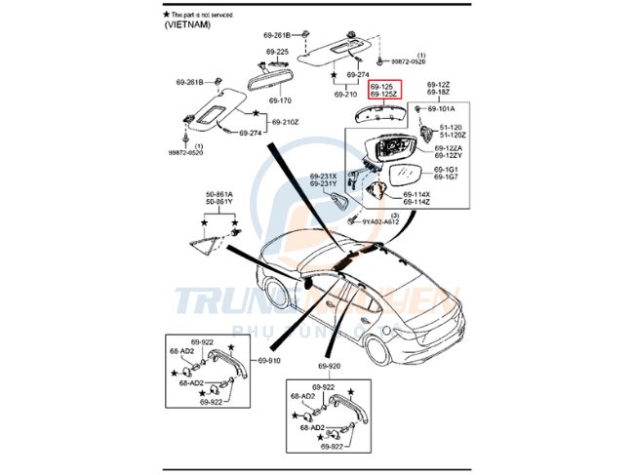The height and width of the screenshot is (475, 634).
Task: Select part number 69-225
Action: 277,52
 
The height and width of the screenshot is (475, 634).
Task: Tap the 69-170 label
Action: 280,99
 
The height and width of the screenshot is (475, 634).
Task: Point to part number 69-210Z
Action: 285,122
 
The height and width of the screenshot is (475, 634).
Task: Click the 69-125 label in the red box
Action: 381,86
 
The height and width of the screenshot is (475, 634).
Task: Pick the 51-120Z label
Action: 452,135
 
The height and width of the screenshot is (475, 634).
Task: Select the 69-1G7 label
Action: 446,177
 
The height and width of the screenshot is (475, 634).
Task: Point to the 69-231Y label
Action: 323,183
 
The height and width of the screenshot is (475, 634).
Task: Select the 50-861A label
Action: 218,195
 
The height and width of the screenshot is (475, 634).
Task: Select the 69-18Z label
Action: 437,93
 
